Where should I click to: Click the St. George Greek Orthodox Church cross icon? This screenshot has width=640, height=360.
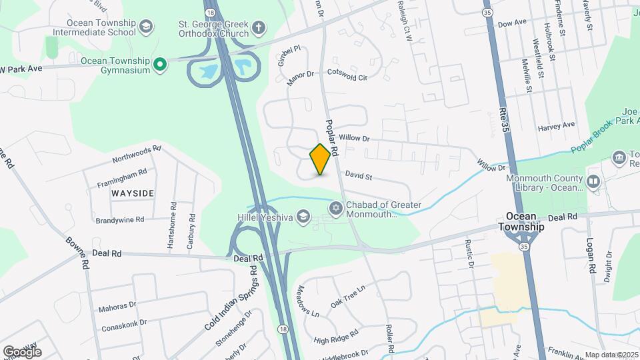click(x=259, y=28)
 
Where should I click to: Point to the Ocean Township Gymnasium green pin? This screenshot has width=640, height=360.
click(x=159, y=64)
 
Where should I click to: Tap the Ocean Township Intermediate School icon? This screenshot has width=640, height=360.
click(x=146, y=27)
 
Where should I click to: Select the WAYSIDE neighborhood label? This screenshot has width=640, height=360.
click(x=133, y=193)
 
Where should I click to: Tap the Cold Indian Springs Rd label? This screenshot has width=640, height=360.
click(x=231, y=298)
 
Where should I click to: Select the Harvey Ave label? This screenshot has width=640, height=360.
click(x=557, y=125)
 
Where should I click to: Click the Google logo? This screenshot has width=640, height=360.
click(x=22, y=351)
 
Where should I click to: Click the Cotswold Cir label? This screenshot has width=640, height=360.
click(x=350, y=76)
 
